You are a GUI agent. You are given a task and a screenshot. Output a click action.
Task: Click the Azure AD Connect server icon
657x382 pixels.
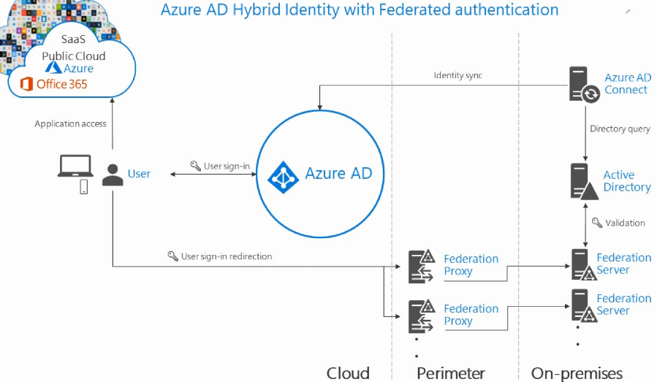point(584,84)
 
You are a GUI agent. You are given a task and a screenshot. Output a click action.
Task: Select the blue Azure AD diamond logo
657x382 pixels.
point(284,177)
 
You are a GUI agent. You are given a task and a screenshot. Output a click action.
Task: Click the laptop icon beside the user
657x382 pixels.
point(75,166)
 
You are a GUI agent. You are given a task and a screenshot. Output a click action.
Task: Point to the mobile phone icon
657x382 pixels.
point(84,187)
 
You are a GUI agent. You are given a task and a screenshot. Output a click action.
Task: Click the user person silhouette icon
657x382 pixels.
point(113,175)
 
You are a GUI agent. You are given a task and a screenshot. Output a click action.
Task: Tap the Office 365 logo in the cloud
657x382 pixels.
point(26,84)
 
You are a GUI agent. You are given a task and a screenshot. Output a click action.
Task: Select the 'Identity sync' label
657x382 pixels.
point(458,75)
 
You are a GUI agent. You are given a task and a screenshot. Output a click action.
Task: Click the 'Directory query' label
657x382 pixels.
point(620,129)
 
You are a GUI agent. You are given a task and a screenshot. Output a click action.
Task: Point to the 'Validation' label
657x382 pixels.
point(625,223)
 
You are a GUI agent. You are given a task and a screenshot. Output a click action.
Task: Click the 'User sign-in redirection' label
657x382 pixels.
point(227,256)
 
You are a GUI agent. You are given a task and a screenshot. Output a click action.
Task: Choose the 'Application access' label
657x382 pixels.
point(70,123)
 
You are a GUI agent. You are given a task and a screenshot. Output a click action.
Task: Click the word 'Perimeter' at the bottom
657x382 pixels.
point(451,373)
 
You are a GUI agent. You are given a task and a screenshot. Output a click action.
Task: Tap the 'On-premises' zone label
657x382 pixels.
point(577,373)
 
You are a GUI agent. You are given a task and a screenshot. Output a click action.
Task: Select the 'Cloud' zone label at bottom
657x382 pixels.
point(348,373)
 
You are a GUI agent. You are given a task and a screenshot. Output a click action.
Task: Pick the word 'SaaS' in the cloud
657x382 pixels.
point(73,39)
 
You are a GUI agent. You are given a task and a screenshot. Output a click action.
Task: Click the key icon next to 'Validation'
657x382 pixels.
point(597,223)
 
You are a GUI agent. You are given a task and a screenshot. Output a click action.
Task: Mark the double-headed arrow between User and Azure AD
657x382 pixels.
point(213,174)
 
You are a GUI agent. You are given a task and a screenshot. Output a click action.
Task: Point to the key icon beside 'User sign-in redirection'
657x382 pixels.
point(172,256)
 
